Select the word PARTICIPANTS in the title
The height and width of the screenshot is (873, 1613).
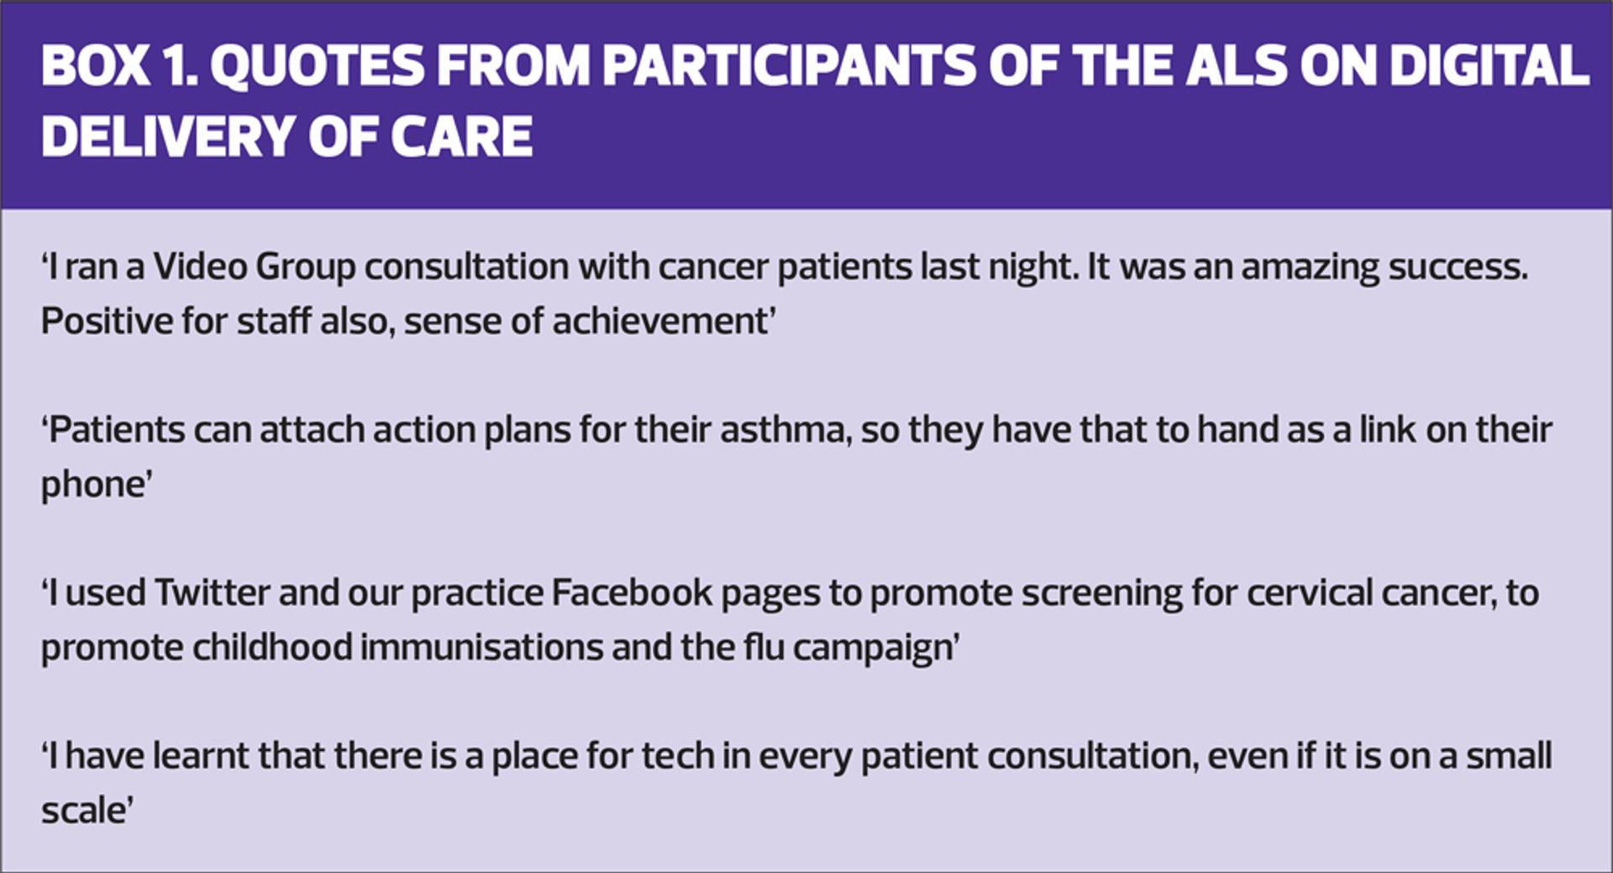[x=789, y=66]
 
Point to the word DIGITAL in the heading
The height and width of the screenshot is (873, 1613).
[x=1489, y=66]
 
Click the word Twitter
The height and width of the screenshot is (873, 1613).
[x=212, y=593]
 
